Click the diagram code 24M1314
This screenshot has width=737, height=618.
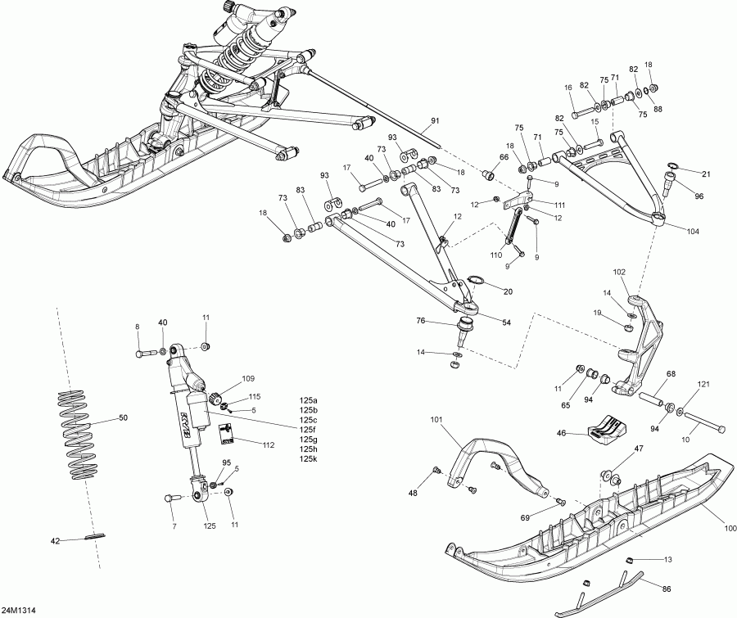[19, 611]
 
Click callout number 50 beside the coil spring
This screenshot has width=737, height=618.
[123, 418]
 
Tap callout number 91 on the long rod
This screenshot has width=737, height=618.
[434, 121]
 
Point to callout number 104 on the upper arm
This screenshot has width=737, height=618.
[694, 232]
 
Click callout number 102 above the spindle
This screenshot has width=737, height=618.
[619, 272]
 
